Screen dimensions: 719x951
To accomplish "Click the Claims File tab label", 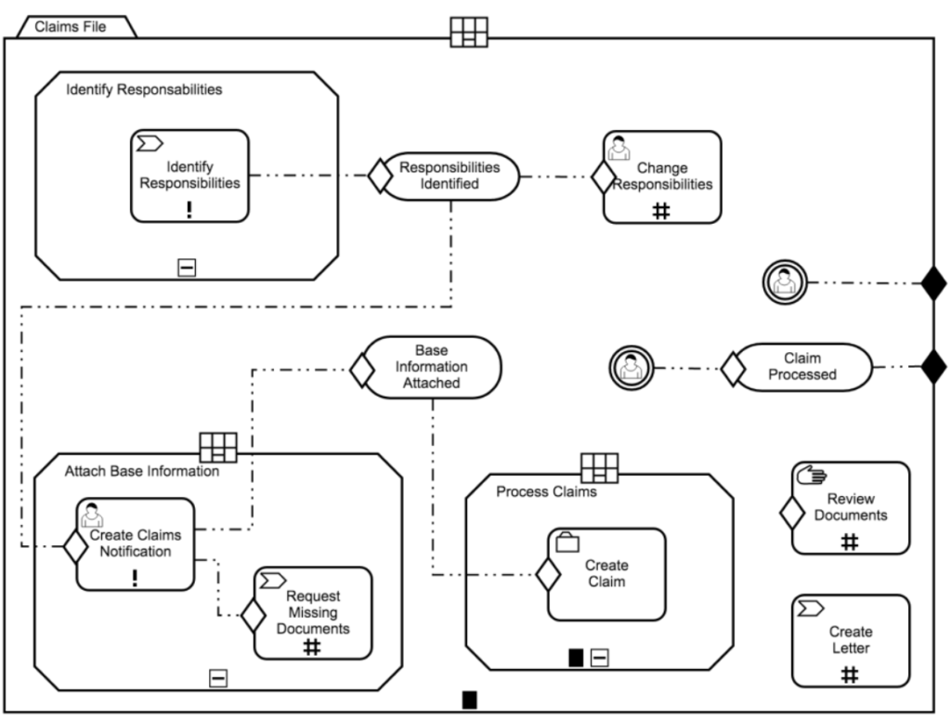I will pos(71,26).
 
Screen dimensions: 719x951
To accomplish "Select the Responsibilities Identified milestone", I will pos(449,176).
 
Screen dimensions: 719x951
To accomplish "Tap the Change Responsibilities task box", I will pos(662,176).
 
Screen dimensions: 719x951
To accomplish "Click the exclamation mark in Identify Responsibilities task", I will pos(189,208).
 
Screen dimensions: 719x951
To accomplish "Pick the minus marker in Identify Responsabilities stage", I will pos(187,268).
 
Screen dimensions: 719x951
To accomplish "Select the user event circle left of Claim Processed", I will pos(629,367).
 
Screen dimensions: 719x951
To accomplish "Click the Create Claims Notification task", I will pos(136,543).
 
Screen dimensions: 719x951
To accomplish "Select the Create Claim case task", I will pos(606,574).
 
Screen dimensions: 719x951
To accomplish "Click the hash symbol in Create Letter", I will pos(849,675).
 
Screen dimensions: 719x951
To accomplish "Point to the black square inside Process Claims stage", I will pos(576,659).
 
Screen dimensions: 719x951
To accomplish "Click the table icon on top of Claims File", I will pos(469,31).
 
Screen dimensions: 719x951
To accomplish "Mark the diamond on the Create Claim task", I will pos(549,575).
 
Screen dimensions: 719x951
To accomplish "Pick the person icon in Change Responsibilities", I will pos(619,149).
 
